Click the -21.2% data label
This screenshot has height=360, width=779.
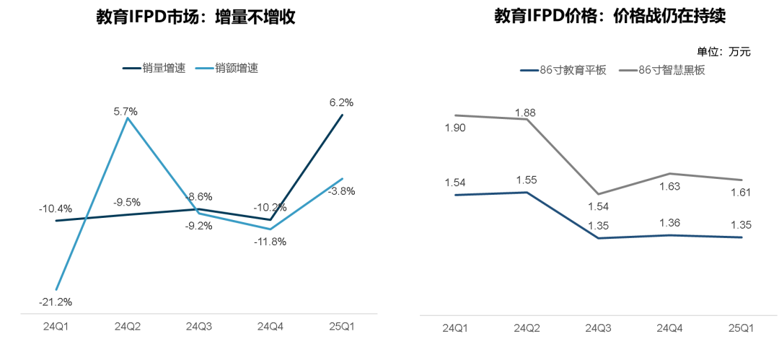point(56,302)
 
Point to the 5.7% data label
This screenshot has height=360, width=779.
point(126,111)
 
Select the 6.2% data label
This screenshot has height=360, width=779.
point(341,102)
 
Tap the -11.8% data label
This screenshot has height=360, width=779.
point(270,242)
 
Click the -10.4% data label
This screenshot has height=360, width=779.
point(56,209)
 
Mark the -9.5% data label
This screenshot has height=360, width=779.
point(126,202)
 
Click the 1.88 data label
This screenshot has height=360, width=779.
point(525,112)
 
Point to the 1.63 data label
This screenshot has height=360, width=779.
point(669,186)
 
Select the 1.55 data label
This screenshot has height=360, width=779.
point(526,180)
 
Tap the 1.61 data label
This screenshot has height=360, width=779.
point(741,192)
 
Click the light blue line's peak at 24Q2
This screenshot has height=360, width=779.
point(128,118)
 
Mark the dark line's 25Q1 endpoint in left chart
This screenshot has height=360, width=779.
point(342,115)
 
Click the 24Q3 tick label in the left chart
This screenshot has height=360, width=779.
point(199,327)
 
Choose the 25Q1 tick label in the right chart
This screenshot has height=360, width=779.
point(741,328)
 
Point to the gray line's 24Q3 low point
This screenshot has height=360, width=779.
point(599,194)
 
